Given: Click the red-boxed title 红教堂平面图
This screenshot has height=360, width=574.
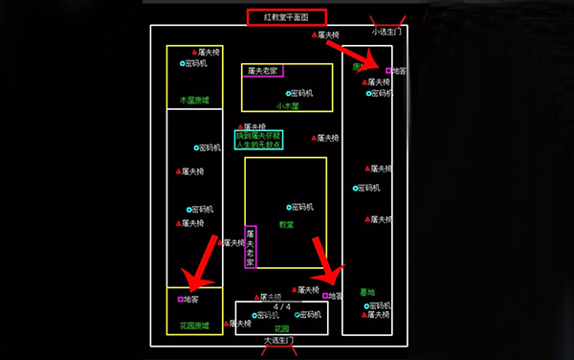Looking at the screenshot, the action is pyautogui.click(x=287, y=17).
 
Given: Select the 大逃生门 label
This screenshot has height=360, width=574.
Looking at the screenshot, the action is pyautogui.click(x=278, y=340).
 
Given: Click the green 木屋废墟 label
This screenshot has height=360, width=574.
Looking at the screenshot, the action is pyautogui.click(x=194, y=100).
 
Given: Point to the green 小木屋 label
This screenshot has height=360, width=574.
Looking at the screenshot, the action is pyautogui.click(x=288, y=106).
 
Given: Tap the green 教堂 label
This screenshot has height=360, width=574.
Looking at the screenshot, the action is pyautogui.click(x=286, y=224).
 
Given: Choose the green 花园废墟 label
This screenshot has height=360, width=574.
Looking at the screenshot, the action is pyautogui.click(x=194, y=326).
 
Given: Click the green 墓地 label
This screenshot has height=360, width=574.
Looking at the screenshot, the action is pyautogui.click(x=367, y=293).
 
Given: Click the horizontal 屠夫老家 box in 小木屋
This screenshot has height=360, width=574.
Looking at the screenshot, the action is pyautogui.click(x=262, y=71).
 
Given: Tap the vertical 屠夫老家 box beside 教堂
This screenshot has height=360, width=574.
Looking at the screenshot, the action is pyautogui.click(x=250, y=247).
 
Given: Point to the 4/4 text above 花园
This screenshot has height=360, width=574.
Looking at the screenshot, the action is pyautogui.click(x=282, y=305).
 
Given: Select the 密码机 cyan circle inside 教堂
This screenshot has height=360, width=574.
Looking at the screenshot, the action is pyautogui.click(x=288, y=207).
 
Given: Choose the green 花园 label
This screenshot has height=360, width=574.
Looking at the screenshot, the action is pyautogui.click(x=282, y=327).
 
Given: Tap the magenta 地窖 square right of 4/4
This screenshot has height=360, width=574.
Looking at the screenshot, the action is pyautogui.click(x=325, y=296).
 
